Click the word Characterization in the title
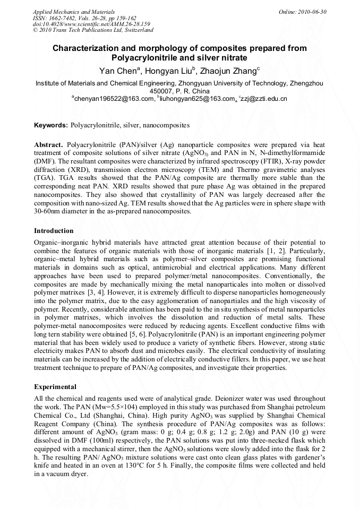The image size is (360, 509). (87, 48)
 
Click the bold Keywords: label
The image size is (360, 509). (51, 126)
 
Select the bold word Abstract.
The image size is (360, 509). (48, 145)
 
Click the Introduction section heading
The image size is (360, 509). (54, 231)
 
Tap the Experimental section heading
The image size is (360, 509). (55, 387)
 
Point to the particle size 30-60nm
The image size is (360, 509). (49, 212)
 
